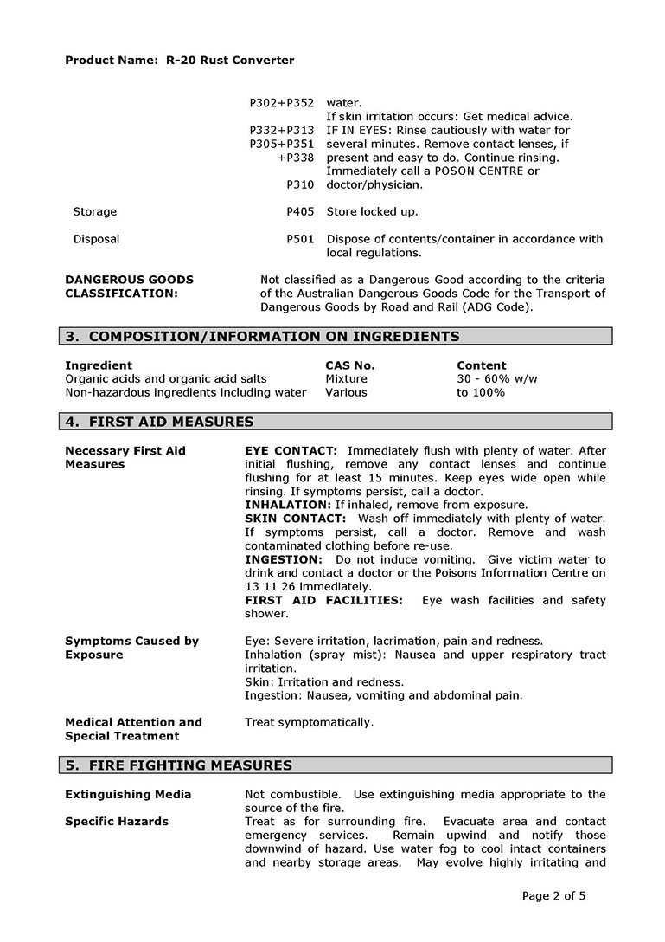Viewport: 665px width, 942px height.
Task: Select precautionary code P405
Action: coord(300,212)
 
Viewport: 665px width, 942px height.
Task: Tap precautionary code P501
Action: coord(300,240)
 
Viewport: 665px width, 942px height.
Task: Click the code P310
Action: coord(300,185)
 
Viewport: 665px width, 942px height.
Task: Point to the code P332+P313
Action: coord(282,131)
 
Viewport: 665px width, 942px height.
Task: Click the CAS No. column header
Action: coord(350,366)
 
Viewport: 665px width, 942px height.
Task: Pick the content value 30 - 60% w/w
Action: coord(497,379)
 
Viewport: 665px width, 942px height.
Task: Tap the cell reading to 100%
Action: coord(481,393)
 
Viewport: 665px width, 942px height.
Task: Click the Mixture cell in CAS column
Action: coord(346,379)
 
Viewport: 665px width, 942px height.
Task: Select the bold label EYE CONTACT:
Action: coord(291,451)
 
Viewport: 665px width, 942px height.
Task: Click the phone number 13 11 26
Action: coord(266,587)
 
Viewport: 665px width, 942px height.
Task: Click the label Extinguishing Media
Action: coord(128,795)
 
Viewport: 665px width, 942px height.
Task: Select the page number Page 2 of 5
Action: coord(554,897)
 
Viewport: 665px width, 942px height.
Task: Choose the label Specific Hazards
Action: coord(117,822)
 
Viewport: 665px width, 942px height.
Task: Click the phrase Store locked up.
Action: coord(372,212)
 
